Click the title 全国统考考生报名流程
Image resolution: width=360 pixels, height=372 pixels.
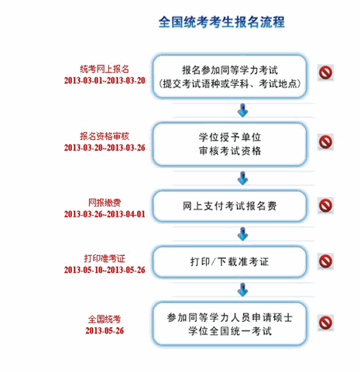point(221,22)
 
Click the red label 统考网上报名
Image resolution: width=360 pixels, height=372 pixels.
point(105,69)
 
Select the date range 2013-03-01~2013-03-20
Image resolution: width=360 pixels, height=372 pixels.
point(105,80)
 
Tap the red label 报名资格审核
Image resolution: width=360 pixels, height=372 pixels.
point(105,136)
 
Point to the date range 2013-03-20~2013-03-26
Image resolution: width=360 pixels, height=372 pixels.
point(105,148)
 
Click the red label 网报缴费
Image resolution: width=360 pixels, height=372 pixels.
point(105,203)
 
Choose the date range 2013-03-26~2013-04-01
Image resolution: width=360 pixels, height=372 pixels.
point(105,214)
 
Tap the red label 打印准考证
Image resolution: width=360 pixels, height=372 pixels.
point(105,258)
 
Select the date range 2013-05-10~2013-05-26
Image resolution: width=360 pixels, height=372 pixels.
point(105,270)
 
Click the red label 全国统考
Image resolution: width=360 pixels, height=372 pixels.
point(105,319)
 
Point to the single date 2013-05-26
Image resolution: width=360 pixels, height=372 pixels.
point(105,331)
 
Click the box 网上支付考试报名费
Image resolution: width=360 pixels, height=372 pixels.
point(229,206)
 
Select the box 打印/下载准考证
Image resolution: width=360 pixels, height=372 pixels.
point(229,261)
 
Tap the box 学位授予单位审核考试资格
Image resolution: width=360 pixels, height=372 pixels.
point(229,144)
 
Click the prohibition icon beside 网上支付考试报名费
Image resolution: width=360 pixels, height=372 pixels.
point(325,206)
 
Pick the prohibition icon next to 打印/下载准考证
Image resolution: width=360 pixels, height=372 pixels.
point(325,261)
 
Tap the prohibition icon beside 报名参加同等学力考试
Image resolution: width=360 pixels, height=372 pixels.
point(325,73)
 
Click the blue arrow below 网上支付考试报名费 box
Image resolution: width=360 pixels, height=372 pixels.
point(242,234)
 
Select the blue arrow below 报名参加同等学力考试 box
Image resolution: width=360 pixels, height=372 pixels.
point(242,111)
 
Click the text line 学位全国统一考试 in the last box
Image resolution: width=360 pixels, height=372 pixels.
point(230,331)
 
